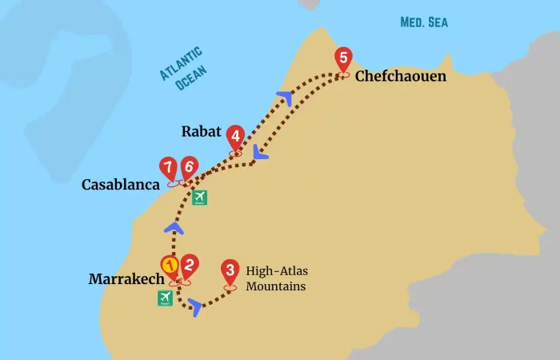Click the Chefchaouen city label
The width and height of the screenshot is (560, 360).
point(400,77)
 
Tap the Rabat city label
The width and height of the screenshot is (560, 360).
point(201,131)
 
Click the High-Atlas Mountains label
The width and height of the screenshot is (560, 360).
point(276,278)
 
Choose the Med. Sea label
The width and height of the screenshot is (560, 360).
point(424,22)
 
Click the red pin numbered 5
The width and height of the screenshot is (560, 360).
point(343,59)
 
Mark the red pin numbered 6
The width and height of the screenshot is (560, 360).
point(188,168)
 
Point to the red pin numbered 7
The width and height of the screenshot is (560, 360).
point(169,168)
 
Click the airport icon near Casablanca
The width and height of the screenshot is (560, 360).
point(199,197)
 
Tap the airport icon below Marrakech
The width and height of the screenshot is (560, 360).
point(166,298)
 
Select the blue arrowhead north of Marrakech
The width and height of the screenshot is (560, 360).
point(174,230)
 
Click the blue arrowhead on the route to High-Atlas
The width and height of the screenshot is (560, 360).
point(195,306)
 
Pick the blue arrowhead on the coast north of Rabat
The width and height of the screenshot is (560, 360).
point(285,98)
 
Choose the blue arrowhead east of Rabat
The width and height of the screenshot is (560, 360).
point(258,152)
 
